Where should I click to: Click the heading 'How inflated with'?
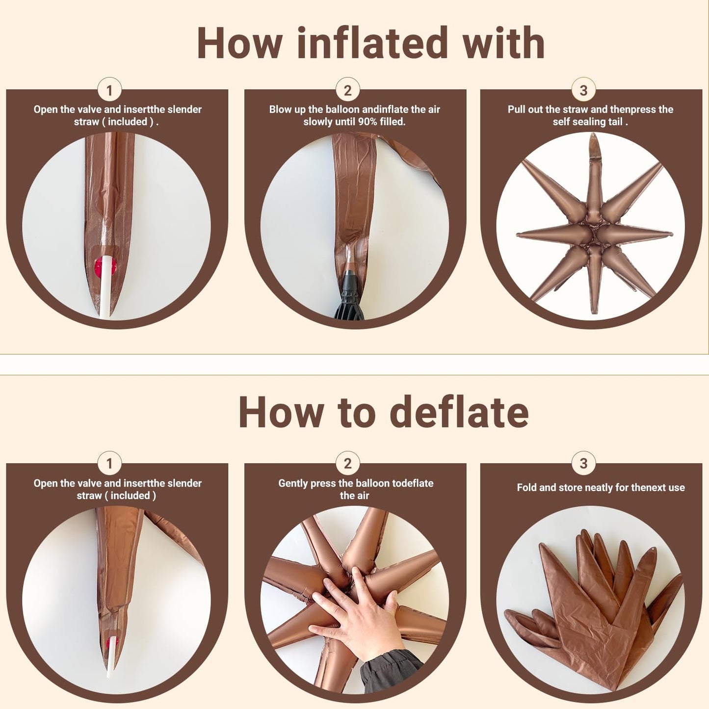pyautogui.click(x=371, y=43)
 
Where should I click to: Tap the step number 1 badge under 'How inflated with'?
pyautogui.click(x=109, y=90)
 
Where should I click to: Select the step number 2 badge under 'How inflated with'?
pyautogui.click(x=348, y=90)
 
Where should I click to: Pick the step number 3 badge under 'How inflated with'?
pyautogui.click(x=583, y=90)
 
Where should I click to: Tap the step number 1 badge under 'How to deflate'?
pyautogui.click(x=109, y=464)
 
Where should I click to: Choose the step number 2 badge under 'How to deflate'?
pyautogui.click(x=348, y=464)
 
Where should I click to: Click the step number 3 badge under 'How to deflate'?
pyautogui.click(x=583, y=464)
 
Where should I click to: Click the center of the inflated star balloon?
pyautogui.click(x=594, y=233)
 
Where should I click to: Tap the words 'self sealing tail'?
pyautogui.click(x=588, y=122)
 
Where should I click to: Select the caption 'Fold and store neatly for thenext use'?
pyautogui.click(x=601, y=488)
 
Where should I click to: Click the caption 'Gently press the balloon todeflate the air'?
pyautogui.click(x=355, y=489)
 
